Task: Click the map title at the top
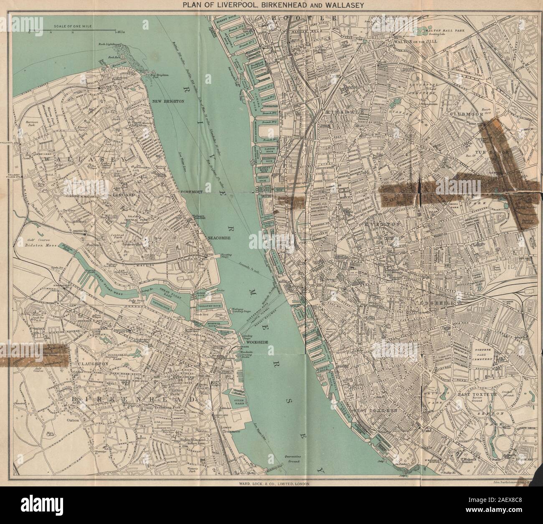coord(271,5)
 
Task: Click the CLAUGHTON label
coord(93,364)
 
